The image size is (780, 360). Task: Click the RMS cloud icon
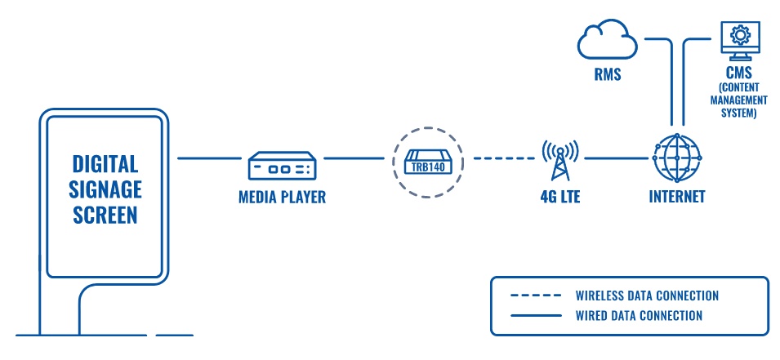coord(608,42)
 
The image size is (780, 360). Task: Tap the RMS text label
coord(608,75)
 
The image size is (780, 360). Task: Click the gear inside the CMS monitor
coord(741,35)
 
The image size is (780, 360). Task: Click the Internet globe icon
coord(677,158)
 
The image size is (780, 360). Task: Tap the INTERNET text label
coord(677,197)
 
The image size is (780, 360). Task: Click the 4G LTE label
coord(560,197)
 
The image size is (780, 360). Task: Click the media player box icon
coord(283,166)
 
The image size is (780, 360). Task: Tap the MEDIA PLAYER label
coord(282,197)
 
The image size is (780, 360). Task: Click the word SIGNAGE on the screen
coord(105,189)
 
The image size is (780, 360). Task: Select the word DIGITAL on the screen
coord(105,163)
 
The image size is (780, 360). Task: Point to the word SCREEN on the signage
coord(105,216)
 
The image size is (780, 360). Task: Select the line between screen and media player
coord(209,158)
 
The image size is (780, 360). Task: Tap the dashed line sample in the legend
coord(536,296)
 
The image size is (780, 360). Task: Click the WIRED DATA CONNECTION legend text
coord(639,315)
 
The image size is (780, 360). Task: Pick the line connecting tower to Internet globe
coord(617,158)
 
